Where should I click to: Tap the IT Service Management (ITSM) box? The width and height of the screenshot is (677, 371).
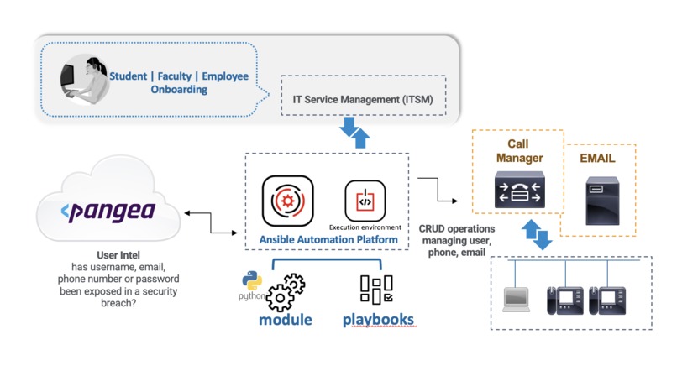click(362, 98)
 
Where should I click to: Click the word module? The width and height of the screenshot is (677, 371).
click(285, 321)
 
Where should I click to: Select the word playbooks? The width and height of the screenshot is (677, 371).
click(378, 321)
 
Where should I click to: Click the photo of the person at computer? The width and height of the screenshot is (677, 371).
click(82, 82)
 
